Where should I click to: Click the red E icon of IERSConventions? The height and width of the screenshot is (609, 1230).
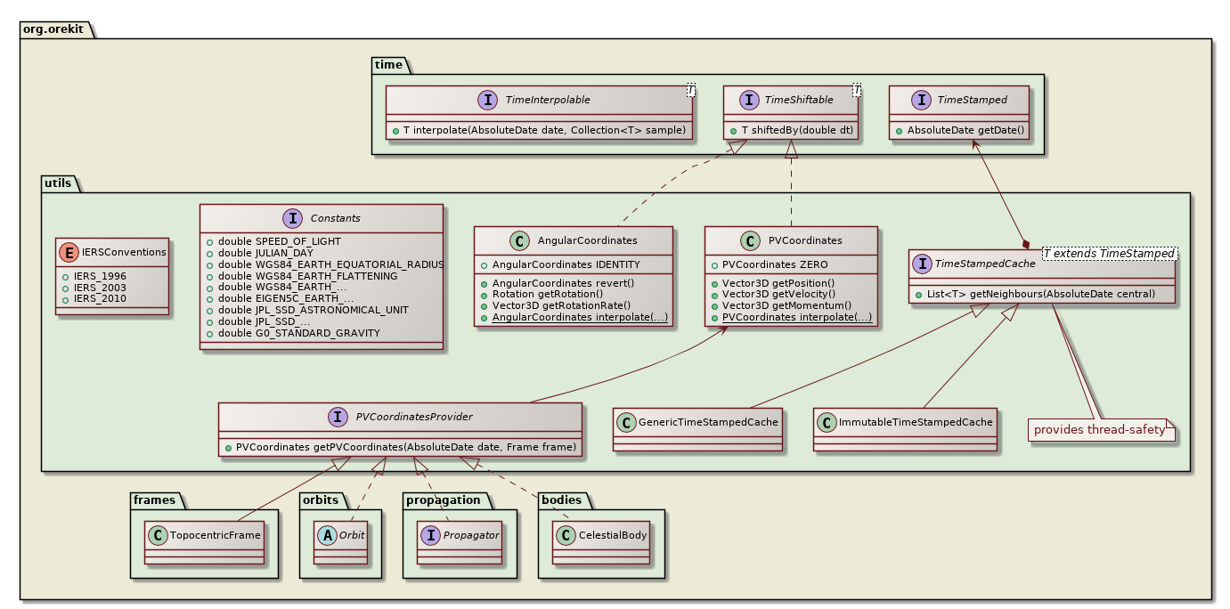71,252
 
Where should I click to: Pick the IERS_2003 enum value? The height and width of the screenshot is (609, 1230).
102,288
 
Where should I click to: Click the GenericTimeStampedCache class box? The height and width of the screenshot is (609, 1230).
697,427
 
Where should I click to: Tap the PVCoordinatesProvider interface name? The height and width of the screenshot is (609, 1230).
414,416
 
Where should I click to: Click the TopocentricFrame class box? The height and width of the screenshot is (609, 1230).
204,542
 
